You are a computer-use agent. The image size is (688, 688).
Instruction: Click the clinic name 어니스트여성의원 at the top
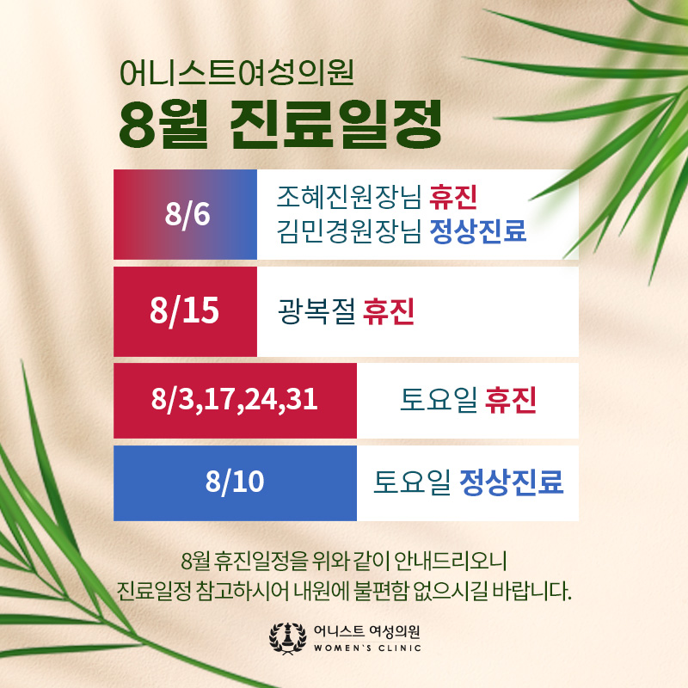236,73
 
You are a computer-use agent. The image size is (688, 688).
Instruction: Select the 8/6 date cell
185,214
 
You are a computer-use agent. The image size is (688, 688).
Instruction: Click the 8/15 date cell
185,311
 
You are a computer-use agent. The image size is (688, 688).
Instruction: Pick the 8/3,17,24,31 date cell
235,401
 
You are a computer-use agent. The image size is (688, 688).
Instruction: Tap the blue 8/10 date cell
235,483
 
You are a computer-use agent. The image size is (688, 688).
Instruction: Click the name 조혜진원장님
349,197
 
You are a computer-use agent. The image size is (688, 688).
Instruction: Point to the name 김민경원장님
349,230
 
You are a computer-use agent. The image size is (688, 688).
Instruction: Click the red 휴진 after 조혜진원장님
453,197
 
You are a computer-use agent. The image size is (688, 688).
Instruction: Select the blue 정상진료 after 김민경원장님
478,230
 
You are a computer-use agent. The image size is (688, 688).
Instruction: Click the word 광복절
316,311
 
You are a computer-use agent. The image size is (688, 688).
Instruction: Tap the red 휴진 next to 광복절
389,311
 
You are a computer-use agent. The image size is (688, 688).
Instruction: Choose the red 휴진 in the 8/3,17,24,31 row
511,400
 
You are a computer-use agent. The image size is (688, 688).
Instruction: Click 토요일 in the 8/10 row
412,482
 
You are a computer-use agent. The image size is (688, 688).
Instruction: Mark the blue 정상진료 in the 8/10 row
512,482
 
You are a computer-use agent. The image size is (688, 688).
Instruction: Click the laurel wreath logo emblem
288,638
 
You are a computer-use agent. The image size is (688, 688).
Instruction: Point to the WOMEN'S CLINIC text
368,648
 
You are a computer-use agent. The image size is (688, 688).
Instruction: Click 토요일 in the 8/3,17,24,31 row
439,400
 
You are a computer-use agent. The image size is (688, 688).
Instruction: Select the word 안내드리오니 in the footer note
451,561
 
